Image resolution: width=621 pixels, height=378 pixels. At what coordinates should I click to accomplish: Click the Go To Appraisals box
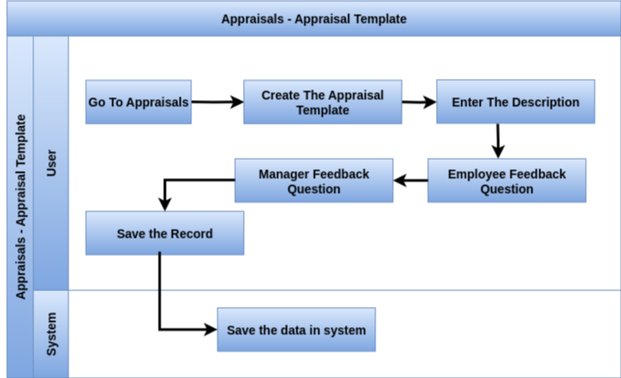pyautogui.click(x=139, y=102)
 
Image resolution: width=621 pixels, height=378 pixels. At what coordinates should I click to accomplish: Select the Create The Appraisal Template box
pyautogui.click(x=323, y=102)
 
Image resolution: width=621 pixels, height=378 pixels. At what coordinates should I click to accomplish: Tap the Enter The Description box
pyautogui.click(x=516, y=102)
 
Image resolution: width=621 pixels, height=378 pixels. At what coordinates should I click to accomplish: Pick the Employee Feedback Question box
pyautogui.click(x=507, y=181)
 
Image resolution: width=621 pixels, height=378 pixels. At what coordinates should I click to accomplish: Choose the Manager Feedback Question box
pyautogui.click(x=314, y=181)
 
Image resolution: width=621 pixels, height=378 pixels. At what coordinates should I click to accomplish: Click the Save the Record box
pyautogui.click(x=165, y=233)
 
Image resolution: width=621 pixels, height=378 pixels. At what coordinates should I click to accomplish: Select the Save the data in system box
pyautogui.click(x=296, y=330)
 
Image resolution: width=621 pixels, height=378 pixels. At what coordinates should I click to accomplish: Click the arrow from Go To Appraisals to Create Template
pyautogui.click(x=218, y=102)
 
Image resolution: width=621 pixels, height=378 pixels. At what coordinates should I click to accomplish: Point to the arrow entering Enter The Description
pyautogui.click(x=419, y=102)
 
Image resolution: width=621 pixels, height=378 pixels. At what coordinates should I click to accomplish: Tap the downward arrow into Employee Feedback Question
pyautogui.click(x=498, y=141)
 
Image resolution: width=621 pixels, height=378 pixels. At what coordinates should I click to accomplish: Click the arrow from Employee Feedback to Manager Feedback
pyautogui.click(x=410, y=181)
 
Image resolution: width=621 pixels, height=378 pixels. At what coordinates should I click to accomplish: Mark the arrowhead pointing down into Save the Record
pyautogui.click(x=165, y=204)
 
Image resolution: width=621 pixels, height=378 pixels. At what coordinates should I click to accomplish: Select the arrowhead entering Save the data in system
pyautogui.click(x=211, y=329)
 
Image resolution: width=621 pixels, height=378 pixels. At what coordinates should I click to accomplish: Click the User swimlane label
pyautogui.click(x=52, y=162)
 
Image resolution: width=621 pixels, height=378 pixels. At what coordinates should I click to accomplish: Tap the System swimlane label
pyautogui.click(x=52, y=334)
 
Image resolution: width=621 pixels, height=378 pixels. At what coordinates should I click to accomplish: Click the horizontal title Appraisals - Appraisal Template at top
pyautogui.click(x=314, y=19)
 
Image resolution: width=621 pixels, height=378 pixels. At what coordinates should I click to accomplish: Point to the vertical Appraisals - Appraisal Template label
pyautogui.click(x=20, y=207)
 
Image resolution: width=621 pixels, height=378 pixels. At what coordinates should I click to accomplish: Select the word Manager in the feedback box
pyautogui.click(x=284, y=175)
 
